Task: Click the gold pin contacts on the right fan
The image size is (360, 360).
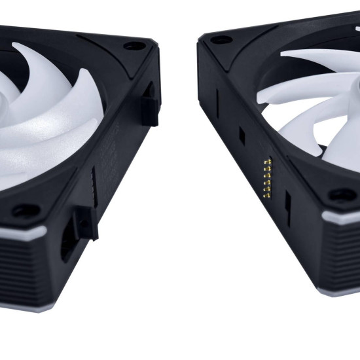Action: [x=267, y=177]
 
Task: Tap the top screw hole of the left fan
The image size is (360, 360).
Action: [x=135, y=46]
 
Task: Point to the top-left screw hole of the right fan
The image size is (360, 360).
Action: [x=221, y=40]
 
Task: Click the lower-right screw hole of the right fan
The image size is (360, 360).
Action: [x=342, y=194]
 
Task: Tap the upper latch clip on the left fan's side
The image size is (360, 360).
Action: [x=149, y=105]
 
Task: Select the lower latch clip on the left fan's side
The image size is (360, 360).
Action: [x=86, y=223]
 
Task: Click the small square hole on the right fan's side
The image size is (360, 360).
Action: [x=241, y=136]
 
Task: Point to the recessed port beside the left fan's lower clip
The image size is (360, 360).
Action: [x=67, y=242]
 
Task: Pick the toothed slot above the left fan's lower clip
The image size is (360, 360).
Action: [x=94, y=187]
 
